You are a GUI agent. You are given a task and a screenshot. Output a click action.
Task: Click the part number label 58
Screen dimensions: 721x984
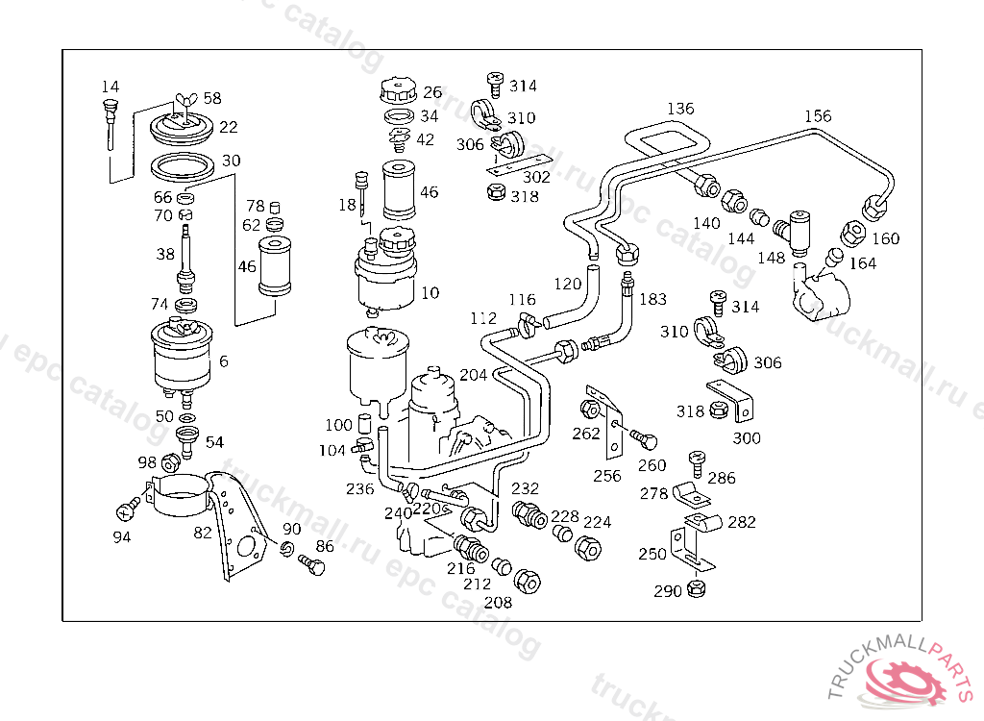[211, 98]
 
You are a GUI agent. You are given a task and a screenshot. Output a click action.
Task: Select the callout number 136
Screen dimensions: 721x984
[680, 109]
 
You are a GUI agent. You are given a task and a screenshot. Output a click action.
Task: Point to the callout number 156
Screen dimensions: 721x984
[818, 116]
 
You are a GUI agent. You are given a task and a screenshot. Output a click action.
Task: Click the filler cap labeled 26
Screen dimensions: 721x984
[395, 92]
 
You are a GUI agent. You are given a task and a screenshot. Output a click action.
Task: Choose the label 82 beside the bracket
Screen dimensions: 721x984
[203, 533]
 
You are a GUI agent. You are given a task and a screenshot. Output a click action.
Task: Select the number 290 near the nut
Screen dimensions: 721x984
[667, 591]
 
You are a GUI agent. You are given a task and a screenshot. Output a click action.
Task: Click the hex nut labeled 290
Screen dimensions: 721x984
[698, 589]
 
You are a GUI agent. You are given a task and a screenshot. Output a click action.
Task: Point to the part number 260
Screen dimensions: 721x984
[652, 466]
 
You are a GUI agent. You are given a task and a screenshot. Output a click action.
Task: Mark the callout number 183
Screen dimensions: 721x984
[652, 299]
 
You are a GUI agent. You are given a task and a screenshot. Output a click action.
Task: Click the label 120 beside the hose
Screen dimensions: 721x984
[568, 285]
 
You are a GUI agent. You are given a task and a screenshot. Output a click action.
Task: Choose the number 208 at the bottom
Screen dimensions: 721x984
[498, 603]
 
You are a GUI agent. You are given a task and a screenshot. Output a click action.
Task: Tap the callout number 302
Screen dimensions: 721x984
[536, 177]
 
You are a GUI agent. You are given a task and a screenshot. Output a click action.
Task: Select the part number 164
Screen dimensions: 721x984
[863, 262]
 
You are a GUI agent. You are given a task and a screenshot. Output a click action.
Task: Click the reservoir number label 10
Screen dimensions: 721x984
[430, 291]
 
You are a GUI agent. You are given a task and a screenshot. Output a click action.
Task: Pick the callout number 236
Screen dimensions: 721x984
[359, 488]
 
